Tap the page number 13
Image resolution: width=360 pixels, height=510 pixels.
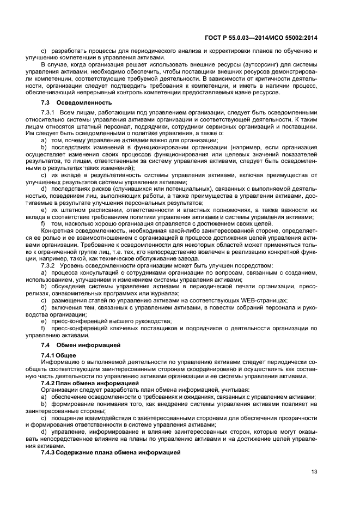coord(314,472)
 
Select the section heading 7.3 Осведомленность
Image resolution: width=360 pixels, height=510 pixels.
coord(76,102)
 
